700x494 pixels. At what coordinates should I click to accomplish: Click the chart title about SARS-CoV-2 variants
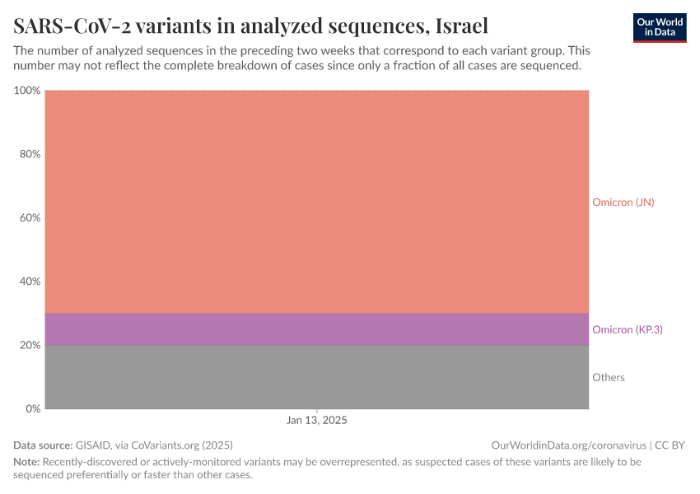[x=250, y=26]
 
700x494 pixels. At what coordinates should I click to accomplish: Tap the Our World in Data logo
[x=659, y=27]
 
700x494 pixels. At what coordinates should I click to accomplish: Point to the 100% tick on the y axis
[x=27, y=91]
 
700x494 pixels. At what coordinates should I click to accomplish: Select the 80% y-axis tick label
[x=30, y=154]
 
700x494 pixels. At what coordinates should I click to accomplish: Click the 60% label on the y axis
[x=30, y=218]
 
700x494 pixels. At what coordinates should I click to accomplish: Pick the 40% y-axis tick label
[x=30, y=282]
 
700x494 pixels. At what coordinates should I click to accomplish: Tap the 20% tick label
[x=30, y=345]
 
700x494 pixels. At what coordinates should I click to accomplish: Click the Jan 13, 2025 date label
[x=317, y=420]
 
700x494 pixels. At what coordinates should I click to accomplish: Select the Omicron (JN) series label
[x=623, y=202]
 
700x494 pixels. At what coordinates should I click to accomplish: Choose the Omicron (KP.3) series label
[x=627, y=329]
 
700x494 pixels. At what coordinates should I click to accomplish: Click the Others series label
[x=608, y=377]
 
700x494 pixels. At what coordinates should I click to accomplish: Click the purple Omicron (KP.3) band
[x=317, y=329]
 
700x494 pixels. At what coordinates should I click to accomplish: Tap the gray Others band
[x=317, y=377]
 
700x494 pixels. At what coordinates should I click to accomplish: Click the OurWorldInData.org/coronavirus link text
[x=567, y=445]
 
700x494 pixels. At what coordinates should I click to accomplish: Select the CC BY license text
[x=670, y=445]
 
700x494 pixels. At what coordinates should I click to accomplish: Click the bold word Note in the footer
[x=26, y=462]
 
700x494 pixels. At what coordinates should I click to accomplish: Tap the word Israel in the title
[x=459, y=26]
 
